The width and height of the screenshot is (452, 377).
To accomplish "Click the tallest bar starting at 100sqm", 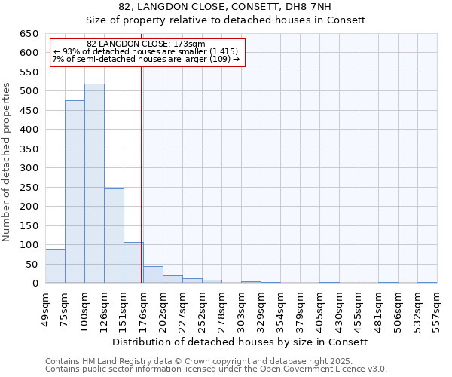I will pos(94,183).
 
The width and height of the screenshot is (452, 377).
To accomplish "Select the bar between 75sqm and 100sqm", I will pos(75,192).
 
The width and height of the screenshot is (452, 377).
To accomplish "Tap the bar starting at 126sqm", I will pos(114,235).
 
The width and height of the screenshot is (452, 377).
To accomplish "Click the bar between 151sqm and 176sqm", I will pos(133,262).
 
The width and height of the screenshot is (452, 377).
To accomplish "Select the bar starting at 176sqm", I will pos(153,275).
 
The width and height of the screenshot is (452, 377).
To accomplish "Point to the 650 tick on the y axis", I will pos(29,34).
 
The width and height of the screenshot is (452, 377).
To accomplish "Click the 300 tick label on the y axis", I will pos(29,168).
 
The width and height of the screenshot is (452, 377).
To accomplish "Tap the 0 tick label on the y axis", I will pos(35,284).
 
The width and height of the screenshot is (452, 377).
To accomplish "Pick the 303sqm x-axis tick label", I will pos(241,308).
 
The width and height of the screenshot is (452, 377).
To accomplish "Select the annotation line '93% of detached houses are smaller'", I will pos(145,51).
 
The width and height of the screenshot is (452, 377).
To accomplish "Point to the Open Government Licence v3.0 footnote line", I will pos(215,369).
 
